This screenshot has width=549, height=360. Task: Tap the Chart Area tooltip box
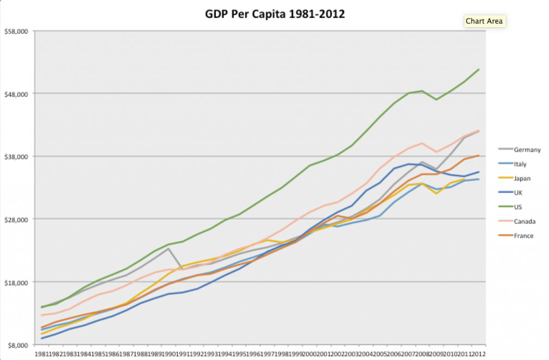484,21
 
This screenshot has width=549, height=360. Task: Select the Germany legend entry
527,150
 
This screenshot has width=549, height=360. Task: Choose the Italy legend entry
520,164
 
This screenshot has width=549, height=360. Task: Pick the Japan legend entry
522,178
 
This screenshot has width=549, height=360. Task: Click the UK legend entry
519,193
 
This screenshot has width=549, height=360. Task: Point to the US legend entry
518,207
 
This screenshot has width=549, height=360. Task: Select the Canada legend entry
524,221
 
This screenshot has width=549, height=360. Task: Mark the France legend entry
523,235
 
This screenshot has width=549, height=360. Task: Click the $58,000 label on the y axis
16,32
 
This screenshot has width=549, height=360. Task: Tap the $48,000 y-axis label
16,94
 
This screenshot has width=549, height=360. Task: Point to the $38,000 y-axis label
16,157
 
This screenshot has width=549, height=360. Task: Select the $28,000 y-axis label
16,219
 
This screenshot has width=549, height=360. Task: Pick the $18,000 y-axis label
16,282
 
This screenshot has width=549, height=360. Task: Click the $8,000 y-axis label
17,345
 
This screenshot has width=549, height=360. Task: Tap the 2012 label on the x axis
478,354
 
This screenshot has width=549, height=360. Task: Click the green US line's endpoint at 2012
479,70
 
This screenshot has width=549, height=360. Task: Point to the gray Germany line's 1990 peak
169,249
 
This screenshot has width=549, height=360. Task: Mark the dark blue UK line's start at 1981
42,338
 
